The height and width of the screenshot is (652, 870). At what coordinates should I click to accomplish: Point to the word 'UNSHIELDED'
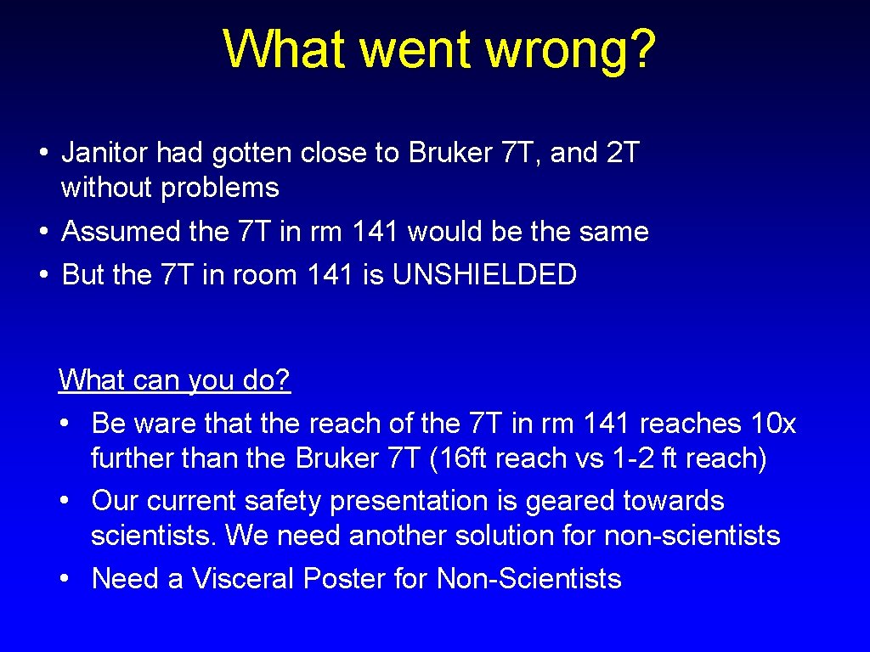(484, 274)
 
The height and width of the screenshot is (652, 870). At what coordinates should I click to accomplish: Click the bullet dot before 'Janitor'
(42, 154)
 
